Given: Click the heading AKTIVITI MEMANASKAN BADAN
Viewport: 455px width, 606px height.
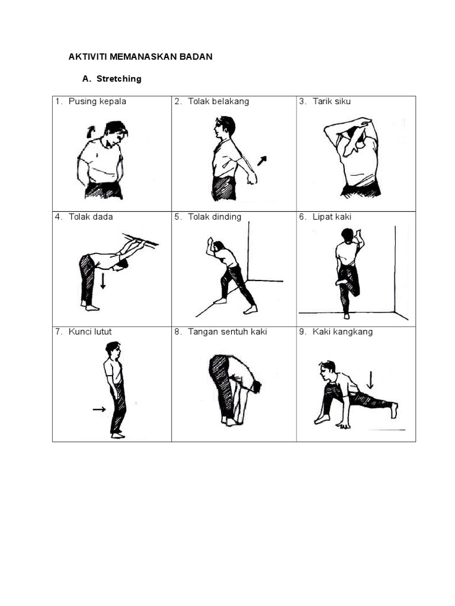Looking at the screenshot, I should [x=140, y=57].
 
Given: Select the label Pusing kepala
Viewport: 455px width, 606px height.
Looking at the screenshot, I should [x=97, y=101].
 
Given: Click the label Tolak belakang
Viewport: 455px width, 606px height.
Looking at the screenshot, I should [x=219, y=101].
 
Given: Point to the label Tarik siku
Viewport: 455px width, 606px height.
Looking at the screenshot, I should [x=332, y=101].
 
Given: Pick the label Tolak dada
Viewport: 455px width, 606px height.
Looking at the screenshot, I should [x=91, y=217].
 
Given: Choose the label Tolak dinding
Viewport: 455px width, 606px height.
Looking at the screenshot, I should [x=214, y=217].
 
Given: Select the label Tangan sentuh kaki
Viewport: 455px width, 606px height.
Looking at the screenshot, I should [x=227, y=331].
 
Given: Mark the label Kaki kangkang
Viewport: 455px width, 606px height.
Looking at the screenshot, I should [x=342, y=331].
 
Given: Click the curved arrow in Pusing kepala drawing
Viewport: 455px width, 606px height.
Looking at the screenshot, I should [x=91, y=131].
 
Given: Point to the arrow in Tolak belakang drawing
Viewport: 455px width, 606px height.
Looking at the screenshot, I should [x=262, y=160].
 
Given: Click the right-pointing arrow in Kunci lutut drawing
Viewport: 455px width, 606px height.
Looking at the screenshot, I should [x=99, y=409].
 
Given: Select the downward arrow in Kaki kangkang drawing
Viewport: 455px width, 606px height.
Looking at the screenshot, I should [x=370, y=379].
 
